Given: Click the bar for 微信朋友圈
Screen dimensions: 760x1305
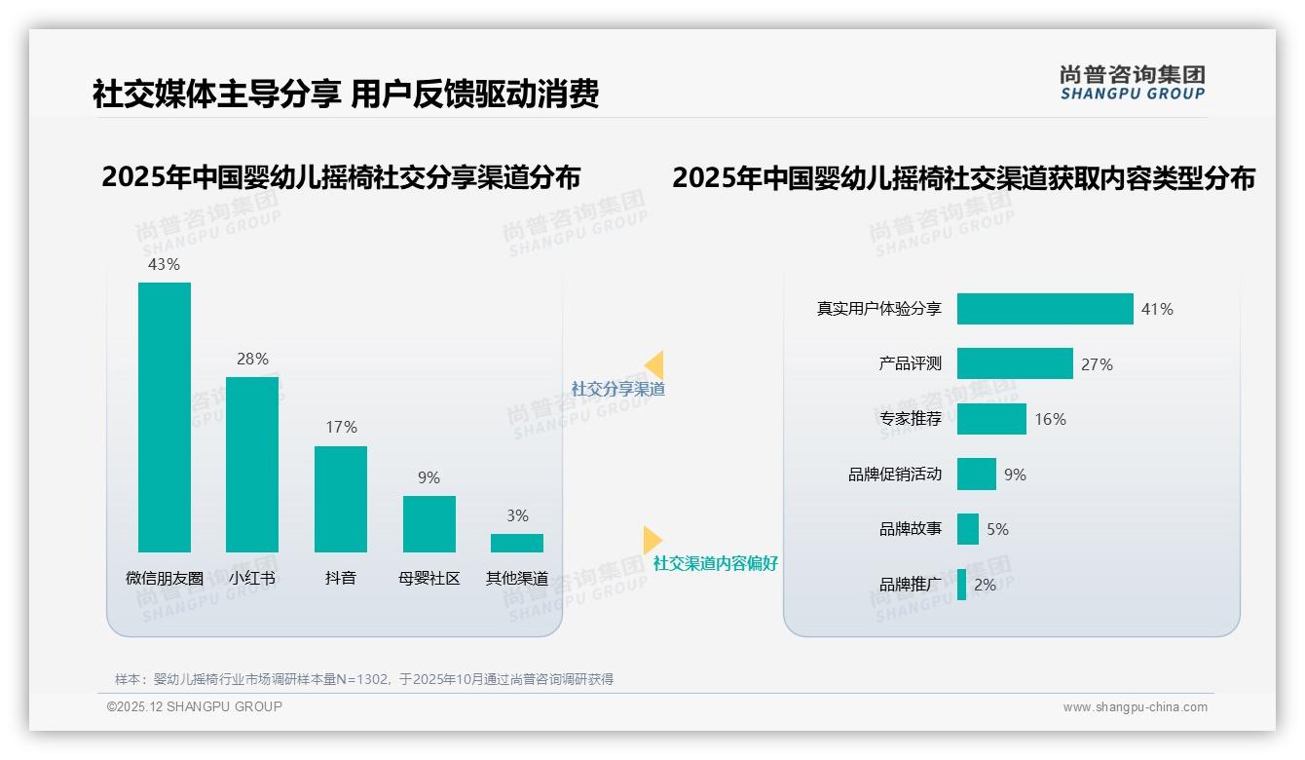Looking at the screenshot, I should tap(165, 417).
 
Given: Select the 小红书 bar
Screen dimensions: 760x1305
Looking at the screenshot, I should tap(252, 464).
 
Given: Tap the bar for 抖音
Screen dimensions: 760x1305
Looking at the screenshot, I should tap(341, 499).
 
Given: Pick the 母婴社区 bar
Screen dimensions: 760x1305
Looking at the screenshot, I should tap(429, 523).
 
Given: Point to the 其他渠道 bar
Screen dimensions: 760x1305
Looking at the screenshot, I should tap(517, 543).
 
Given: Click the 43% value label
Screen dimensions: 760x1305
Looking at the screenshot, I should tap(164, 264).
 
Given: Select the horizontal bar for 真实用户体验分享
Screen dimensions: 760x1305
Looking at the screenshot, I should tap(1045, 309).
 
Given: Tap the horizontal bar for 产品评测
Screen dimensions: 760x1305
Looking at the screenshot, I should tap(1015, 363).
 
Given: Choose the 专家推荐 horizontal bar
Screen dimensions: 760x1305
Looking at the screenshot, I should tap(991, 419).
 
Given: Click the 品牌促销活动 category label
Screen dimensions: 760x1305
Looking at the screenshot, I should tap(895, 475).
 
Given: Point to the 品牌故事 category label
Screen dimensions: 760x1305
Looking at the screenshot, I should tap(911, 529).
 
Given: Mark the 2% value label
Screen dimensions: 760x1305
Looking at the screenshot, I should tap(985, 585).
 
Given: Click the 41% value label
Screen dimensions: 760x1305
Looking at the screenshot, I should tap(1157, 309).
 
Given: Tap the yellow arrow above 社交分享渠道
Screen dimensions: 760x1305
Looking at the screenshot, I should tap(654, 364).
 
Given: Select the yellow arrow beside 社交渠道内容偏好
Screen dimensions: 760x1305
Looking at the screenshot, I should tap(652, 540).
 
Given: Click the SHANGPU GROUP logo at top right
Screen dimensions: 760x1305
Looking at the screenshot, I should tap(1132, 83).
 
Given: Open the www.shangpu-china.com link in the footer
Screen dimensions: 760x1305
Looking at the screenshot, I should tap(1135, 707).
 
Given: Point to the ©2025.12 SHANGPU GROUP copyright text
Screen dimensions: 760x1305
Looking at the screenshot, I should tap(195, 706).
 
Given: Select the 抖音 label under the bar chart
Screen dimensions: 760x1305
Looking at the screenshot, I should tap(341, 578).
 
